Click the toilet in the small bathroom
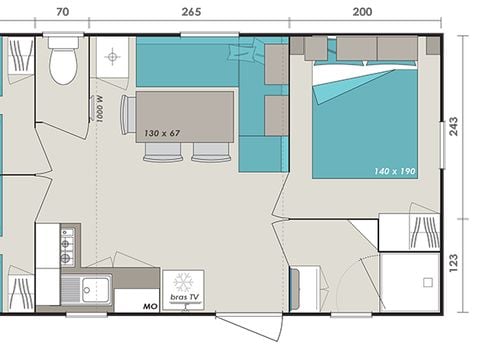pos(64,64)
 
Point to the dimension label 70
pos(62,12)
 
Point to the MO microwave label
pos(150,305)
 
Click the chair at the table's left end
pos(127,113)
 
